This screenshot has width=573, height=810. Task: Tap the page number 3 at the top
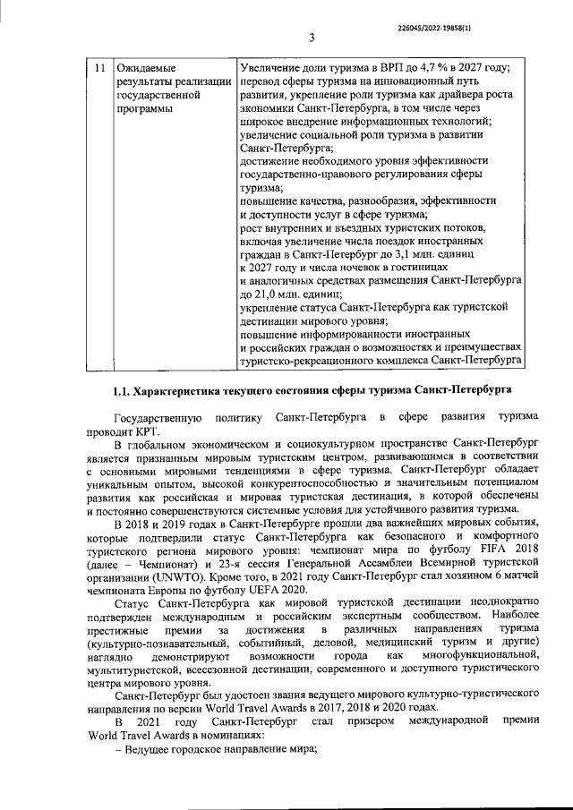(x=311, y=38)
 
